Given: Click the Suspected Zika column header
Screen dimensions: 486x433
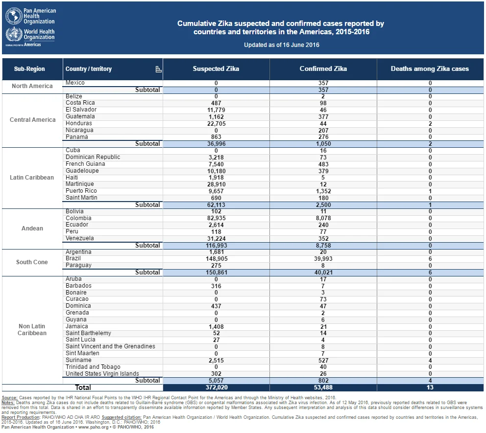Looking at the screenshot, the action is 216,68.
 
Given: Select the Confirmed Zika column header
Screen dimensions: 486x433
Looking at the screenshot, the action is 323,68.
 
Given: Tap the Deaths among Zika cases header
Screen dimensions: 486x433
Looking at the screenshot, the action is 430,68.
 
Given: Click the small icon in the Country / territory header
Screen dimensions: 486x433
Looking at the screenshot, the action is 158,69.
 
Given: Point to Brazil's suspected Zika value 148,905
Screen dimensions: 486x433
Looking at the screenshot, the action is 217,259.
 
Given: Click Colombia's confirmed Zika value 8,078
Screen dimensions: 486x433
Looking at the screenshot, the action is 323,218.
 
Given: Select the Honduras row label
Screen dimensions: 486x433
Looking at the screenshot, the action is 79,123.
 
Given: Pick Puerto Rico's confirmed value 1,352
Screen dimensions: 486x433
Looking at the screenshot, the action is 323,191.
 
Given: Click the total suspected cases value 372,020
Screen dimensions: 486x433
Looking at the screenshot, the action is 217,387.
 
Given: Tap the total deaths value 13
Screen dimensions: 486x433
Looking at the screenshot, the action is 430,387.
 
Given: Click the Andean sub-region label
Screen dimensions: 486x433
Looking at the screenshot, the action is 32,228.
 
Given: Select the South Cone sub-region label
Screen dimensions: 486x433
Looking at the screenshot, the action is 32,262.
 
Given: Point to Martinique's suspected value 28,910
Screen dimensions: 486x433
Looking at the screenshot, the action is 217,184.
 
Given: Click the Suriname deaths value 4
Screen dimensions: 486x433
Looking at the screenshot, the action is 430,361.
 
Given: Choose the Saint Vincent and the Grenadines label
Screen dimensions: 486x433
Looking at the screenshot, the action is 110,346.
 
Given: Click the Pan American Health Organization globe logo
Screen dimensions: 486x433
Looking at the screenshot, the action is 14,16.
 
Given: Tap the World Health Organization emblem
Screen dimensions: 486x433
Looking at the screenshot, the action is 14,34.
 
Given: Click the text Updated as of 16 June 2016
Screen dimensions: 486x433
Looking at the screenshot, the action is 281,45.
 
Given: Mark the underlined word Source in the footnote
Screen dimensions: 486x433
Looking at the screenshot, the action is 9,398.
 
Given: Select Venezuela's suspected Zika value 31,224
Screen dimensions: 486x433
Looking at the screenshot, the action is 217,239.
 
